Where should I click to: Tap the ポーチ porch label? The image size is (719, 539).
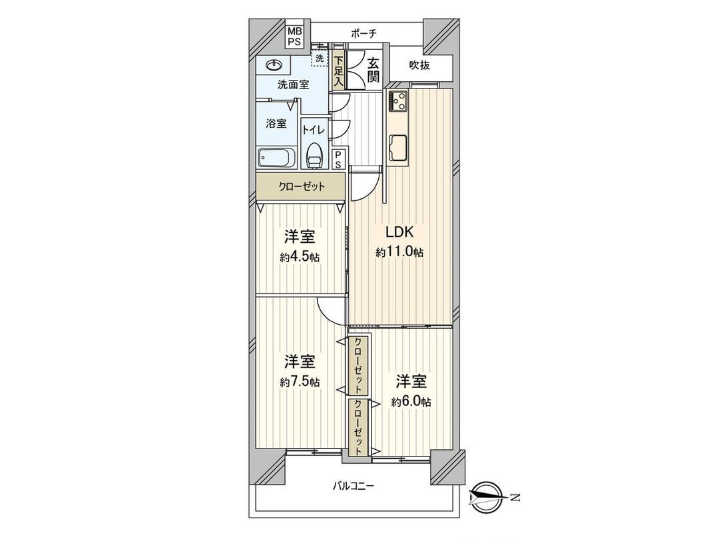363,33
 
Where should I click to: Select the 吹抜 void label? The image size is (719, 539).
421,67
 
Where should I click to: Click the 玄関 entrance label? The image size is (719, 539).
373,70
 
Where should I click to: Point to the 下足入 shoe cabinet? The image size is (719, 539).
338,71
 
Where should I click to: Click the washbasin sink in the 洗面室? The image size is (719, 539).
274,65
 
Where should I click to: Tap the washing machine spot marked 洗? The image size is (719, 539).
320,59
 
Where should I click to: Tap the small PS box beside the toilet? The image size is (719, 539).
338,158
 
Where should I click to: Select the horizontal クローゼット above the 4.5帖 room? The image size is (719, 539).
301,187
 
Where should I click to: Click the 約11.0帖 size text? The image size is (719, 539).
399,252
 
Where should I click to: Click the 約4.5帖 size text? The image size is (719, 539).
301,256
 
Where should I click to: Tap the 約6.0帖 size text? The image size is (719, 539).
411,402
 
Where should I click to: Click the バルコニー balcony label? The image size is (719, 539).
354,486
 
